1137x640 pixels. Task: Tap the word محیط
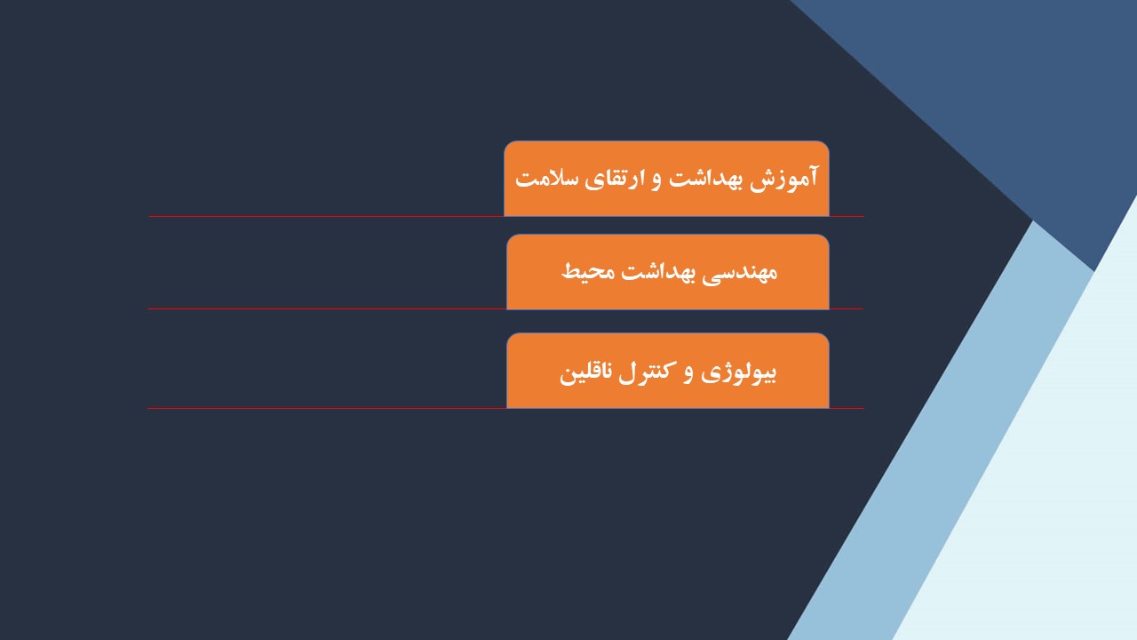(x=588, y=271)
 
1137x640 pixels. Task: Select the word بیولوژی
(x=738, y=373)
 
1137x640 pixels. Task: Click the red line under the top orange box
(x=505, y=216)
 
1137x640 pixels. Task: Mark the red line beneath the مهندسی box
(x=505, y=308)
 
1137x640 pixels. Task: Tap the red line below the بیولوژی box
(x=505, y=408)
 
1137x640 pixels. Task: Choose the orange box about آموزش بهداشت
(x=666, y=179)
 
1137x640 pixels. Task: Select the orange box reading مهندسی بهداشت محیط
(x=668, y=272)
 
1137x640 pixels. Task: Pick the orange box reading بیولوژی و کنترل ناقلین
(x=668, y=371)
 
